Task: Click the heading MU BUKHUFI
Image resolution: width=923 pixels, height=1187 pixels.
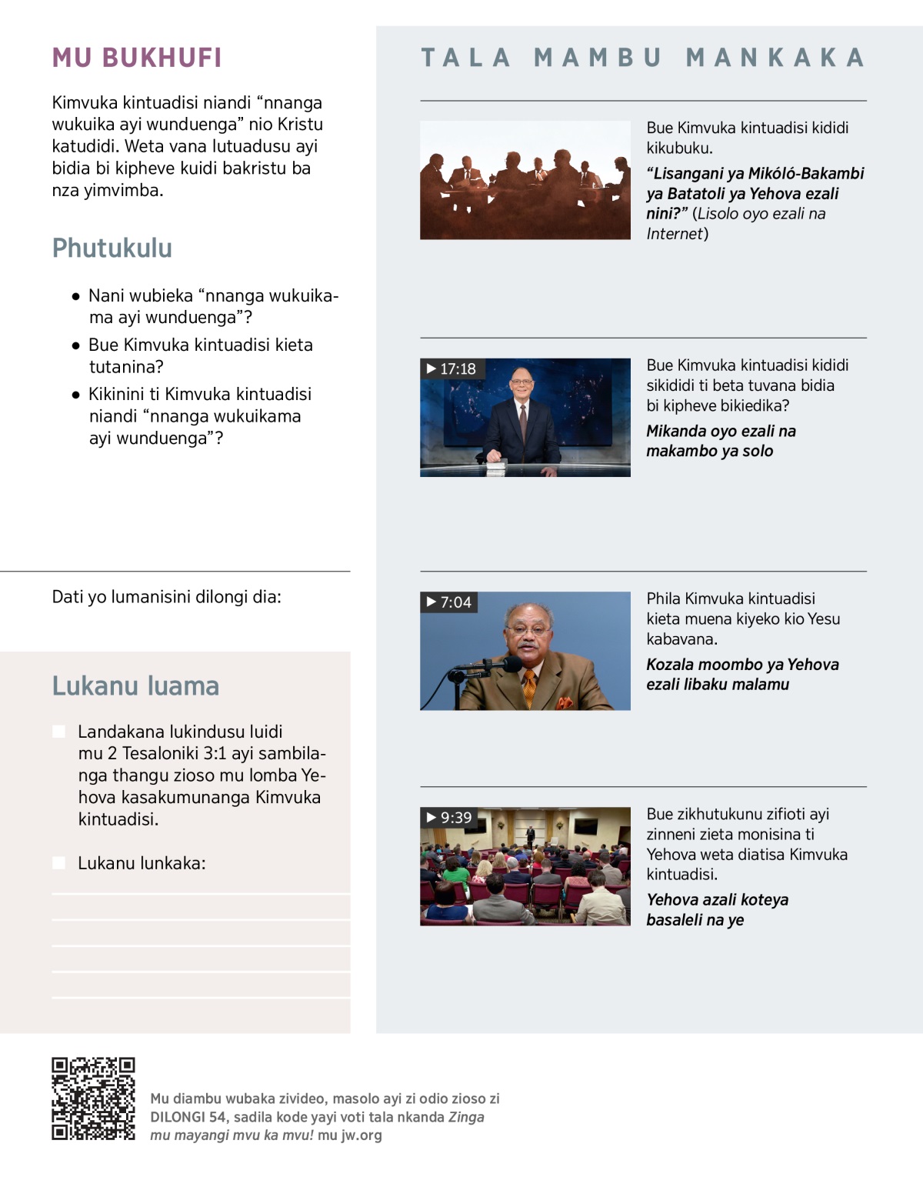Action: pyautogui.click(x=137, y=58)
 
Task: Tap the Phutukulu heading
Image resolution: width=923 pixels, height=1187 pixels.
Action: pyautogui.click(x=112, y=248)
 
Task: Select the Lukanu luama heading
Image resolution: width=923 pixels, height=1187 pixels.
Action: pyautogui.click(x=135, y=685)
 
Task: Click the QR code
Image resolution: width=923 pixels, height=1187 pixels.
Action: pyautogui.click(x=94, y=1099)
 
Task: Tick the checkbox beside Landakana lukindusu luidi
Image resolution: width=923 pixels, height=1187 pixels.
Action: pyautogui.click(x=58, y=732)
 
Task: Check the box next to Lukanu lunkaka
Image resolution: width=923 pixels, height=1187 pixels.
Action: pyautogui.click(x=58, y=863)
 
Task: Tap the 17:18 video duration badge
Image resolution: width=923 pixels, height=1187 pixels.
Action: pyautogui.click(x=452, y=369)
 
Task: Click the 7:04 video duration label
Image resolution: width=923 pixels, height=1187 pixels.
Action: pyautogui.click(x=449, y=602)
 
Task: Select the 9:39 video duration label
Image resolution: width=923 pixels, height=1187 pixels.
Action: pyautogui.click(x=449, y=818)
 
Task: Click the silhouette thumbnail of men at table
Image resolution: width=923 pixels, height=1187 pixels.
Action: pyautogui.click(x=525, y=180)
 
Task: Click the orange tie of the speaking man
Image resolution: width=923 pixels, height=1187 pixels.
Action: pyautogui.click(x=530, y=687)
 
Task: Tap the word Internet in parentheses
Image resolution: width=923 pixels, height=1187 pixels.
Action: pyautogui.click(x=675, y=234)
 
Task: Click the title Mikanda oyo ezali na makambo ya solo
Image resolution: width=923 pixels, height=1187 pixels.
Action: pyautogui.click(x=721, y=441)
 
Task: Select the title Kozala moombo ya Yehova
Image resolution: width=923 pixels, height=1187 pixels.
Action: pyautogui.click(x=742, y=675)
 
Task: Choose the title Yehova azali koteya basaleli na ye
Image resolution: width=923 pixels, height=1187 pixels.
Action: pyautogui.click(x=717, y=909)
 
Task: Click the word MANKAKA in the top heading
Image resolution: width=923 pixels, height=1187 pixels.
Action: pyautogui.click(x=775, y=58)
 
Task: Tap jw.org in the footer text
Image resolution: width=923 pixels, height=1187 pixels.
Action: pyautogui.click(x=360, y=1135)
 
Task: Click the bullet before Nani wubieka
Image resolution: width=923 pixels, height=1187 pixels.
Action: pyautogui.click(x=75, y=296)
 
